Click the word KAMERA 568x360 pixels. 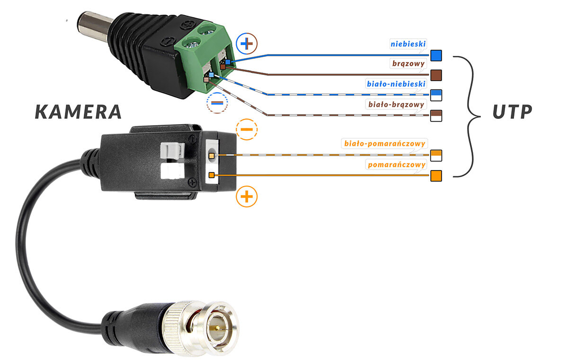(79, 112)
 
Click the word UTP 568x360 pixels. (512, 112)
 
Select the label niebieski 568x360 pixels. (408, 44)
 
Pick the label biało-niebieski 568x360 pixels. (397, 84)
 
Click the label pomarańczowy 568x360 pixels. (396, 164)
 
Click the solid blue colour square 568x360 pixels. (436, 55)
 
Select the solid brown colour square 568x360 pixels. (436, 75)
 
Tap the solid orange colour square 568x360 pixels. (436, 176)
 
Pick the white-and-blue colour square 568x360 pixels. (436, 95)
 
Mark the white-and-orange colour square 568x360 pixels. (436, 155)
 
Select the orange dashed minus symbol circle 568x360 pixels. (246, 129)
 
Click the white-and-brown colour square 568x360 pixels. (436, 116)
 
